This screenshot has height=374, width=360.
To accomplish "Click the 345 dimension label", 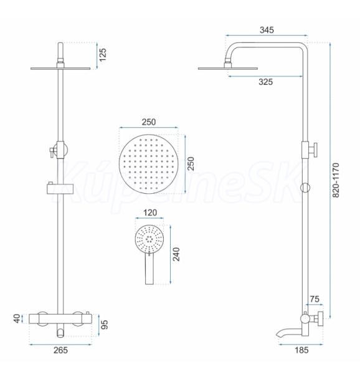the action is coord(267,30).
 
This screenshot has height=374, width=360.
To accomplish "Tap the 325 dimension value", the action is coord(266,82).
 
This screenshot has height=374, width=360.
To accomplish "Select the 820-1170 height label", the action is coord(336,180).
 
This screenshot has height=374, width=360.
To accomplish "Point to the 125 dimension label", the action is coord(103,55).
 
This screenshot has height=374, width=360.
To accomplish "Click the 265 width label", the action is coord(60,350).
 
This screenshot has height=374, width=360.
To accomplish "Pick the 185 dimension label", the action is coord(301,350).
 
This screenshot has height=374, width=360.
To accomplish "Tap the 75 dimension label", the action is coord(315,299).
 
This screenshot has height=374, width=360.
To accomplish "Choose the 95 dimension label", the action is coord(105,325).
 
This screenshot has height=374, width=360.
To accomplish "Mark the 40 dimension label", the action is coord(17,319).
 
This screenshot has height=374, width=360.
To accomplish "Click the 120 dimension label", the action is coord(150,213).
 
